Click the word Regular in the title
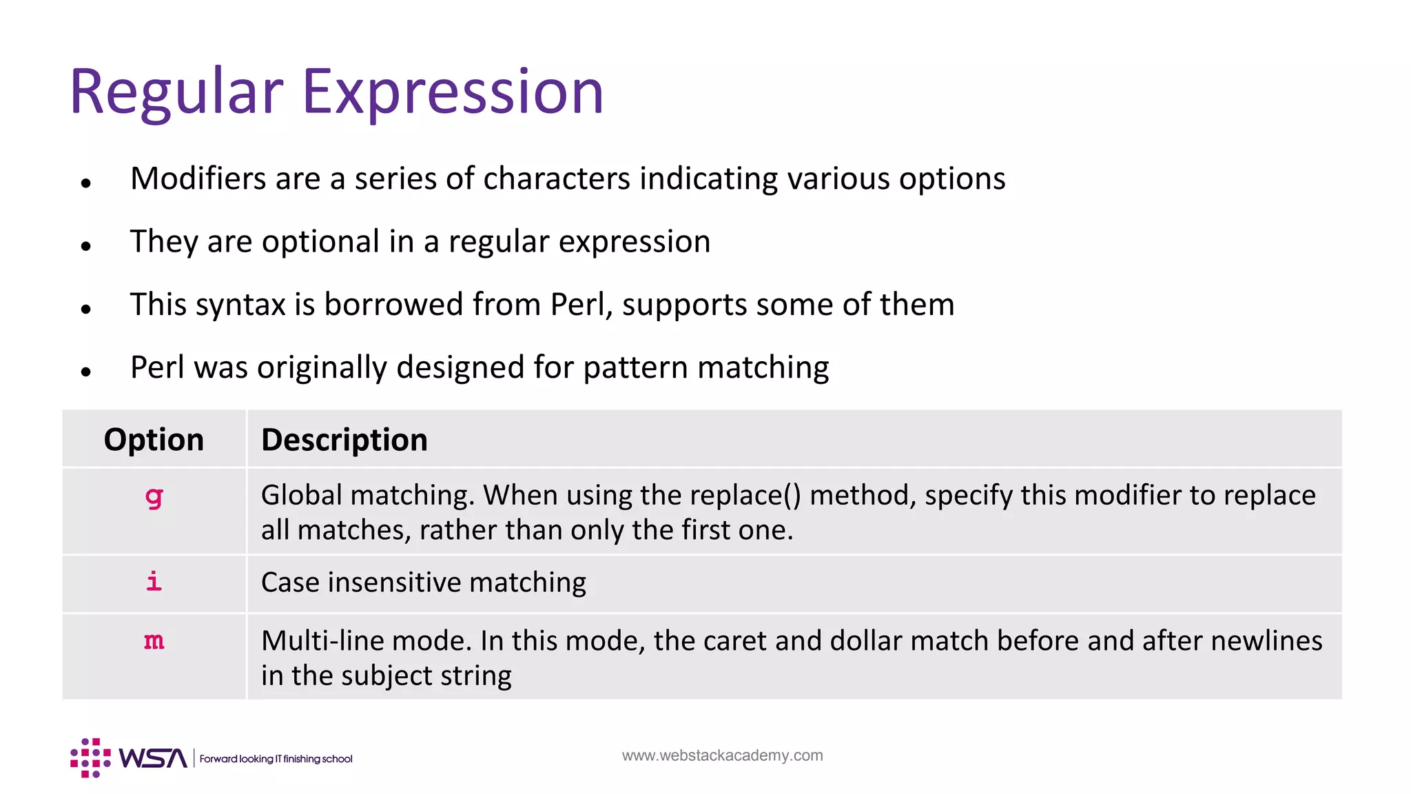tap(176, 92)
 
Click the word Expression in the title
tap(453, 92)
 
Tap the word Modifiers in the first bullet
tap(198, 179)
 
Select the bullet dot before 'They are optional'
tap(86, 245)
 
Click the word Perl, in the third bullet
tap(581, 305)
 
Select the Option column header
tap(154, 440)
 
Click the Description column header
tap(344, 440)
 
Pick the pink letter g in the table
tap(154, 496)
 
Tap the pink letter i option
tap(154, 582)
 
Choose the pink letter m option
tap(154, 641)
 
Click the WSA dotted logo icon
tap(90, 757)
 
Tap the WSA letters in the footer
tap(152, 758)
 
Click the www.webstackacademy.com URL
tap(722, 755)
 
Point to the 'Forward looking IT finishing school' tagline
tap(276, 759)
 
